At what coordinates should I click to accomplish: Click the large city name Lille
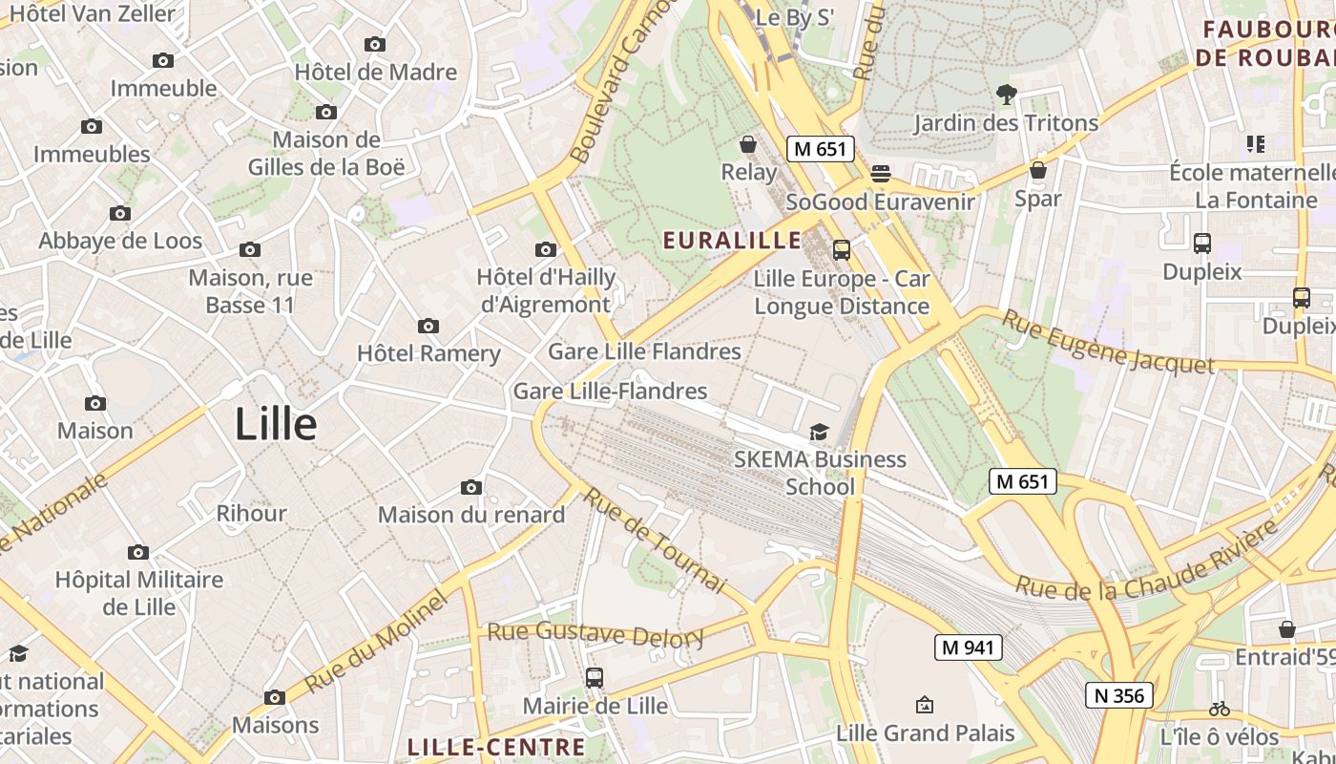coord(276,423)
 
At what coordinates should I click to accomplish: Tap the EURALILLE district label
coord(733,241)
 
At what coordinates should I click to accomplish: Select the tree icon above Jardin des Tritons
coord(1006,94)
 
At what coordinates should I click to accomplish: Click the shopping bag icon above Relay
coord(748,144)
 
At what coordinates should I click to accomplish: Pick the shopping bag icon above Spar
coord(1038,170)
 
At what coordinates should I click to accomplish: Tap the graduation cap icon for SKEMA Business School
coord(819,433)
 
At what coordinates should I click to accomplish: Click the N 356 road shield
coord(1119,695)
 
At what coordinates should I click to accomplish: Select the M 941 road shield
coord(968,647)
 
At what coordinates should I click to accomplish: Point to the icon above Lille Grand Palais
coord(924,706)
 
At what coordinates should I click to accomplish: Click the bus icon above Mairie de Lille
coord(595,678)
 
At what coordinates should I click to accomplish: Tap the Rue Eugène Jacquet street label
coord(1107,342)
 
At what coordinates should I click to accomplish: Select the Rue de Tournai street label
coord(656,540)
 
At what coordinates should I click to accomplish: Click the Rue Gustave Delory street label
coord(595,633)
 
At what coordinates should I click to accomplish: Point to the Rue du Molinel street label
coord(377,642)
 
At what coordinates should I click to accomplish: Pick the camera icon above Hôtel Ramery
coord(428,327)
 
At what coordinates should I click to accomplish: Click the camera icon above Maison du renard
coord(470,488)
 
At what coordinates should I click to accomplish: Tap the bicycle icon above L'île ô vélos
coord(1219,709)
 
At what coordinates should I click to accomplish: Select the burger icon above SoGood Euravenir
coord(880,174)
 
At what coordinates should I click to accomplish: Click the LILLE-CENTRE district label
coord(495,747)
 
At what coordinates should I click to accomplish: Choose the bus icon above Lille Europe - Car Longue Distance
coord(841,250)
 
